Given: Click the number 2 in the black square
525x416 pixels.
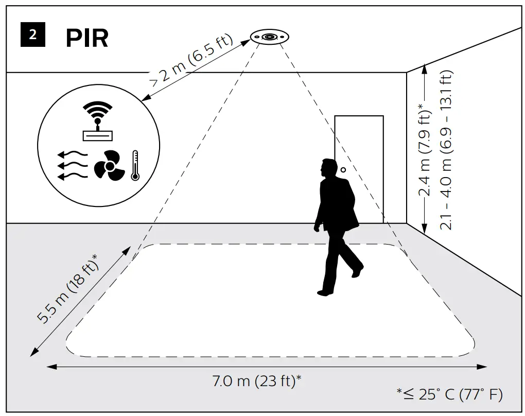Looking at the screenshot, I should click(x=33, y=35).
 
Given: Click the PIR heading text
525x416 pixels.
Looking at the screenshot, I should click(x=87, y=38).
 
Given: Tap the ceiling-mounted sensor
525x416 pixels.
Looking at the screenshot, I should click(x=270, y=37).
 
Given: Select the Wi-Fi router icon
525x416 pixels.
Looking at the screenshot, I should click(x=97, y=122).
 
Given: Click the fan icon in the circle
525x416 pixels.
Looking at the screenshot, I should click(x=109, y=166).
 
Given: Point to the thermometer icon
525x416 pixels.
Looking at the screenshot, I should click(x=135, y=165).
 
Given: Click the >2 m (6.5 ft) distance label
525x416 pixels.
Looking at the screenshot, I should click(x=191, y=60).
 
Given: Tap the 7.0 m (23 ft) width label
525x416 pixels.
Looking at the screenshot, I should click(x=257, y=382).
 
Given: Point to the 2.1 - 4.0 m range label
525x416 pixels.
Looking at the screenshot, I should click(x=446, y=150).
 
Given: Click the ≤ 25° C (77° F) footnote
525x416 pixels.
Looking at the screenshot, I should click(x=449, y=395).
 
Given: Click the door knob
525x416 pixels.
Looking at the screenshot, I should click(x=342, y=169).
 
